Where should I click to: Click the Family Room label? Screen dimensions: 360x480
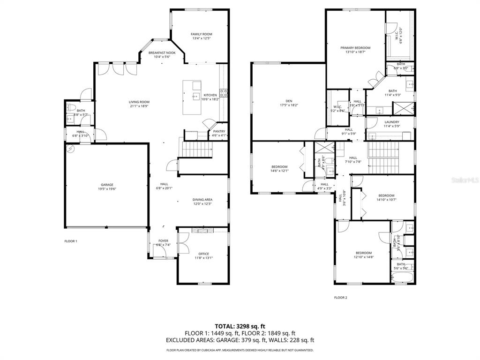click(x=201, y=34)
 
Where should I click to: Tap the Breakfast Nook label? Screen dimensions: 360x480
click(x=162, y=53)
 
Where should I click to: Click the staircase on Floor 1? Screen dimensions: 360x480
click(x=192, y=150)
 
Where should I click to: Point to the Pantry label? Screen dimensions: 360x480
click(x=219, y=131)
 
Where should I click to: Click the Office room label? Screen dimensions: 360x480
click(x=203, y=254)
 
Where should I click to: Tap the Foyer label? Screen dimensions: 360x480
click(x=163, y=241)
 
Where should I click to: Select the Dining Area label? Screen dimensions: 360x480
click(x=202, y=200)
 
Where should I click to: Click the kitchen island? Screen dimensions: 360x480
click(x=191, y=97)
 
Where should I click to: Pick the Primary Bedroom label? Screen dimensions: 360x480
click(x=355, y=48)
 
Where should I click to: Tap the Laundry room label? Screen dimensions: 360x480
click(x=391, y=122)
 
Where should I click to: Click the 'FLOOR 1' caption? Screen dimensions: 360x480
click(x=71, y=241)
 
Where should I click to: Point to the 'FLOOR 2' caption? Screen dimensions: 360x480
click(x=340, y=297)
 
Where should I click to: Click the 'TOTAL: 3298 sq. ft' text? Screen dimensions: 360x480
click(x=240, y=326)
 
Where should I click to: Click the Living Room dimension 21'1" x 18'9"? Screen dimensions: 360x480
click(x=139, y=106)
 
